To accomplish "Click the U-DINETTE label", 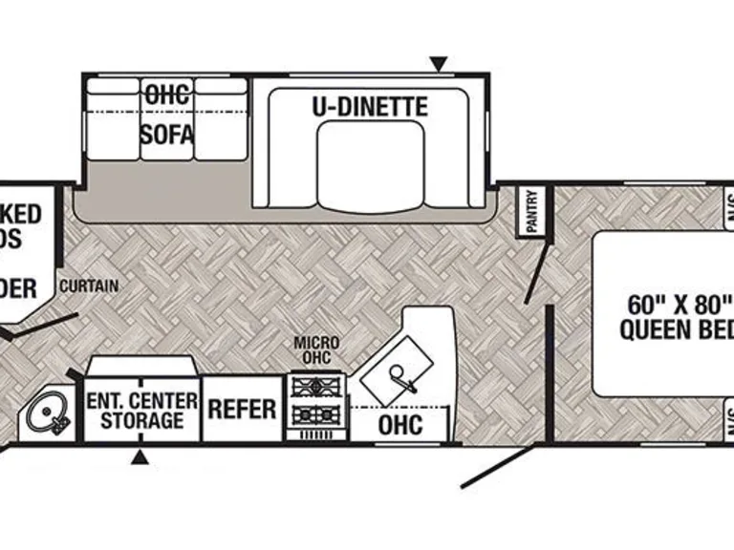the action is tap(369, 106).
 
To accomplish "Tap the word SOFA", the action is tap(167, 134).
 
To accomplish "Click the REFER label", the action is tap(243, 409).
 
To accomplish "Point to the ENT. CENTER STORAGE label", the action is tap(141, 409).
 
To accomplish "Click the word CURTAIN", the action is tap(88, 286).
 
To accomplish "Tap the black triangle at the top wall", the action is tap(439, 65).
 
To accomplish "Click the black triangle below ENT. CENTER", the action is tap(140, 457).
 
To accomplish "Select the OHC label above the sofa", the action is tap(167, 93).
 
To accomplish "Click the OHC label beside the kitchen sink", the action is tap(400, 425).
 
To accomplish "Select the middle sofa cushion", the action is tap(167, 119).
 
